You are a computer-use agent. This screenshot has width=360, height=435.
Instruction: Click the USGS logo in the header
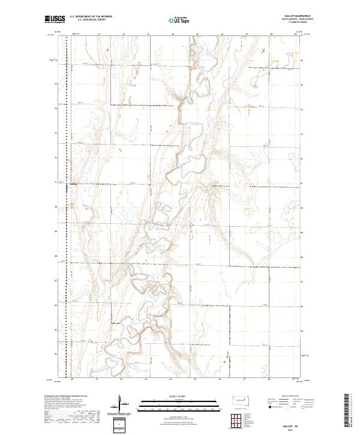pyautogui.click(x=55, y=20)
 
